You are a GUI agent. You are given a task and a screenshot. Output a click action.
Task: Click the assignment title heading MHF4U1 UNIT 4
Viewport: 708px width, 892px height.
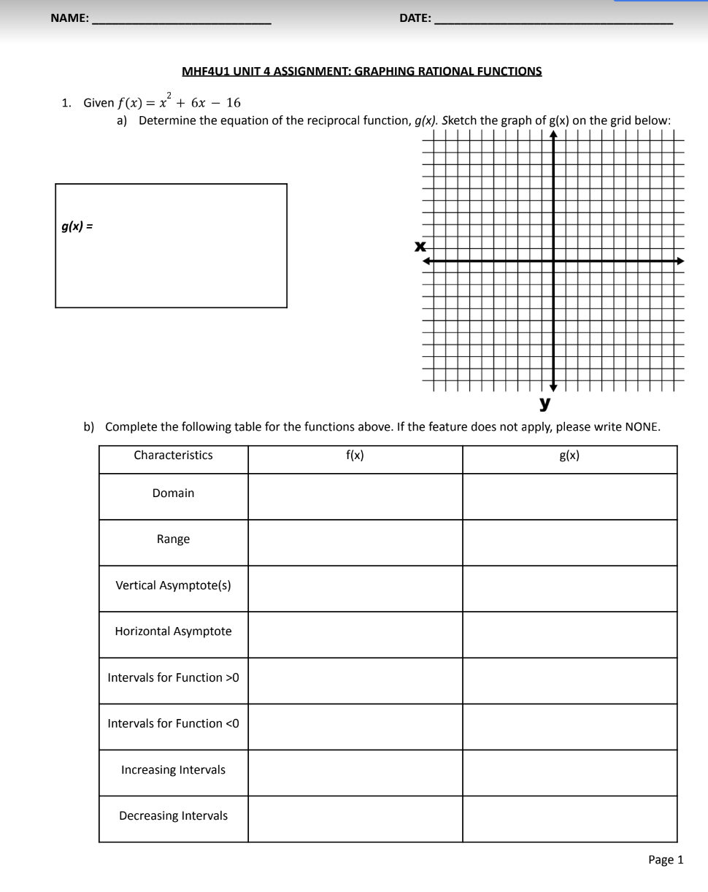361,72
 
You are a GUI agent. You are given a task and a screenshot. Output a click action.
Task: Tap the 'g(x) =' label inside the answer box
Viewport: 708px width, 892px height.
77,226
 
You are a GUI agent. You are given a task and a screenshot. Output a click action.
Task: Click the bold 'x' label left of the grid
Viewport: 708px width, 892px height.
420,246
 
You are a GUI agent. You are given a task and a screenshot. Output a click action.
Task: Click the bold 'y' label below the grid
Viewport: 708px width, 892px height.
545,402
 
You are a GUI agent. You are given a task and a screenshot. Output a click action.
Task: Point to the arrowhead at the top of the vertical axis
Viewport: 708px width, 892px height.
553,134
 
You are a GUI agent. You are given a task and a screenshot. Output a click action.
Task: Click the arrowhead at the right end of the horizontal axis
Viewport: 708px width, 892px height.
680,261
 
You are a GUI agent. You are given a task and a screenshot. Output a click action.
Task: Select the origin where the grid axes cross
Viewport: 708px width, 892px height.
553,261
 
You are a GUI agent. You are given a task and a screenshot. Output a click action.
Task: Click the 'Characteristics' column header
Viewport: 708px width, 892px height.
173,455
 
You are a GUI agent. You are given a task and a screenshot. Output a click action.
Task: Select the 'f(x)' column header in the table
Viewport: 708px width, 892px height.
355,455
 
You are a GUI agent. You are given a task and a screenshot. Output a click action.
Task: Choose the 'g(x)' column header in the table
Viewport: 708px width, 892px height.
569,455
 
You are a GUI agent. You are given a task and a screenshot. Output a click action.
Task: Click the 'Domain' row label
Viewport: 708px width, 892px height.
173,493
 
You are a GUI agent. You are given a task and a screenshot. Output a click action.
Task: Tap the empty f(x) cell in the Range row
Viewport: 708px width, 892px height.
355,542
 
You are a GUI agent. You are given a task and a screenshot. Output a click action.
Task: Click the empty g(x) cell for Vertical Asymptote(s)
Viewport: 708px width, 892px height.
569,588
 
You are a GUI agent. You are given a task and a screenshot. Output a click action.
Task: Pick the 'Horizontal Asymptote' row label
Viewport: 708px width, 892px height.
173,631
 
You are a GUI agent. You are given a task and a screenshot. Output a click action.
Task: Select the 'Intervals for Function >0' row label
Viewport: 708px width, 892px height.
173,677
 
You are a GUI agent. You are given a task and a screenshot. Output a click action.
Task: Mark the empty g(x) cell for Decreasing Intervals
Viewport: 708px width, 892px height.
569,819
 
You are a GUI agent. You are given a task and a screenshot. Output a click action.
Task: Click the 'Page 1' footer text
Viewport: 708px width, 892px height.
666,860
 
